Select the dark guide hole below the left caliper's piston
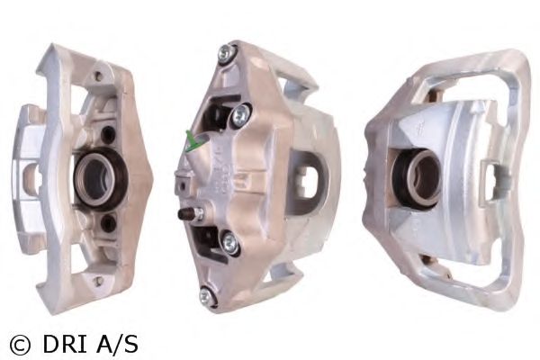[x=109, y=223]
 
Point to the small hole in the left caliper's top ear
[x=100, y=75]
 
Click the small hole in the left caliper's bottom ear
[x=99, y=281]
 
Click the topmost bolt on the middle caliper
[x=228, y=53]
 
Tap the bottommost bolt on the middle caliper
[x=207, y=295]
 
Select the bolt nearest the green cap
[x=241, y=115]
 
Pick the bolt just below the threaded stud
[x=230, y=243]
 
